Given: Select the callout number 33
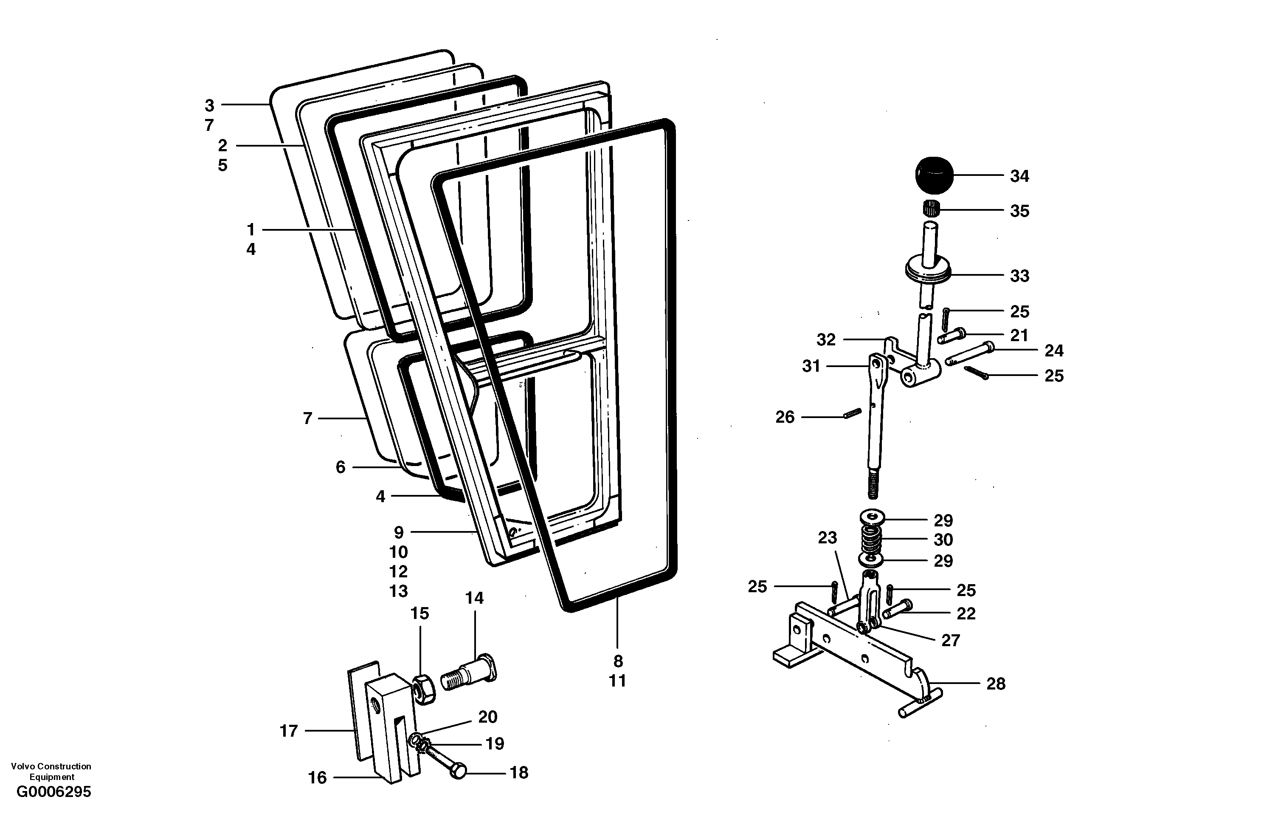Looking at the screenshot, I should point(1019,276).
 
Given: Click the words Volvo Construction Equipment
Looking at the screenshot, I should point(51,771).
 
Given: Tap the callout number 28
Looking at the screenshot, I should point(996,684).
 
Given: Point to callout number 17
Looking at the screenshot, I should point(288,731).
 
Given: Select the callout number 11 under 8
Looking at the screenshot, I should point(617,681).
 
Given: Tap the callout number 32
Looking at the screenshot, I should point(826,339).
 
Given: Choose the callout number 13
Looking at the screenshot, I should point(398,591).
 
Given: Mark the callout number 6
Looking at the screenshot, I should point(341,467).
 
